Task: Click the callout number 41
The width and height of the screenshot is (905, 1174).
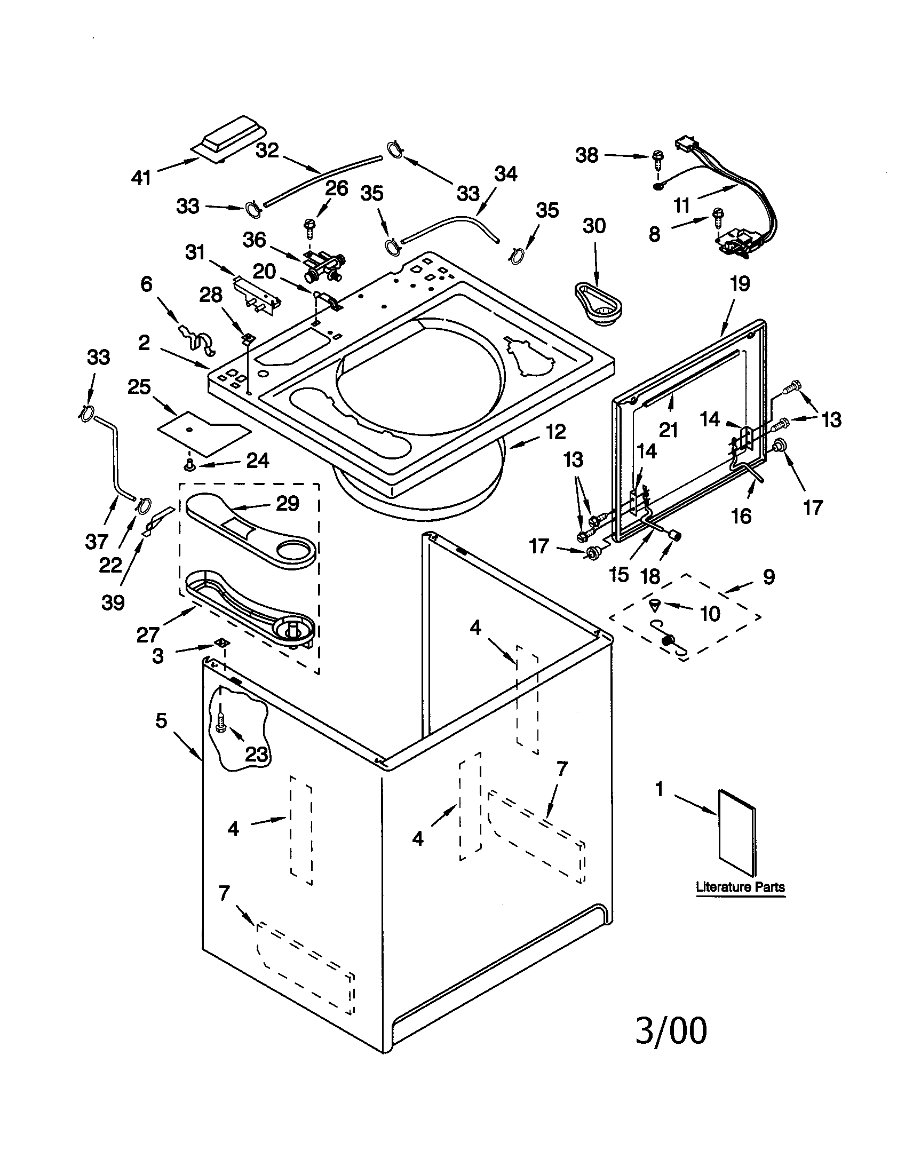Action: pyautogui.click(x=141, y=177)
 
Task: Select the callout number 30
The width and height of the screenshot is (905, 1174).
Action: pyautogui.click(x=594, y=226)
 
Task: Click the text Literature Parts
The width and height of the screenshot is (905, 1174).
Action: pyautogui.click(x=740, y=887)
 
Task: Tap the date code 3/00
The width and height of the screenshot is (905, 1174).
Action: pyautogui.click(x=671, y=1031)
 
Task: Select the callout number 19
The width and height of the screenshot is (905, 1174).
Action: pyautogui.click(x=740, y=284)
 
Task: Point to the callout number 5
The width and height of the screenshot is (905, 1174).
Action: pyautogui.click(x=161, y=720)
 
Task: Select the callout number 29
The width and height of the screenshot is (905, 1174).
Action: pyautogui.click(x=288, y=504)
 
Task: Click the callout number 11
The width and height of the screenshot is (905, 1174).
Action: pyautogui.click(x=681, y=205)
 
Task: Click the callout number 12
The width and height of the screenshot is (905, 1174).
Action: pyautogui.click(x=556, y=431)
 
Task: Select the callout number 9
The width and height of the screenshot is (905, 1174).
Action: pyautogui.click(x=768, y=577)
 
